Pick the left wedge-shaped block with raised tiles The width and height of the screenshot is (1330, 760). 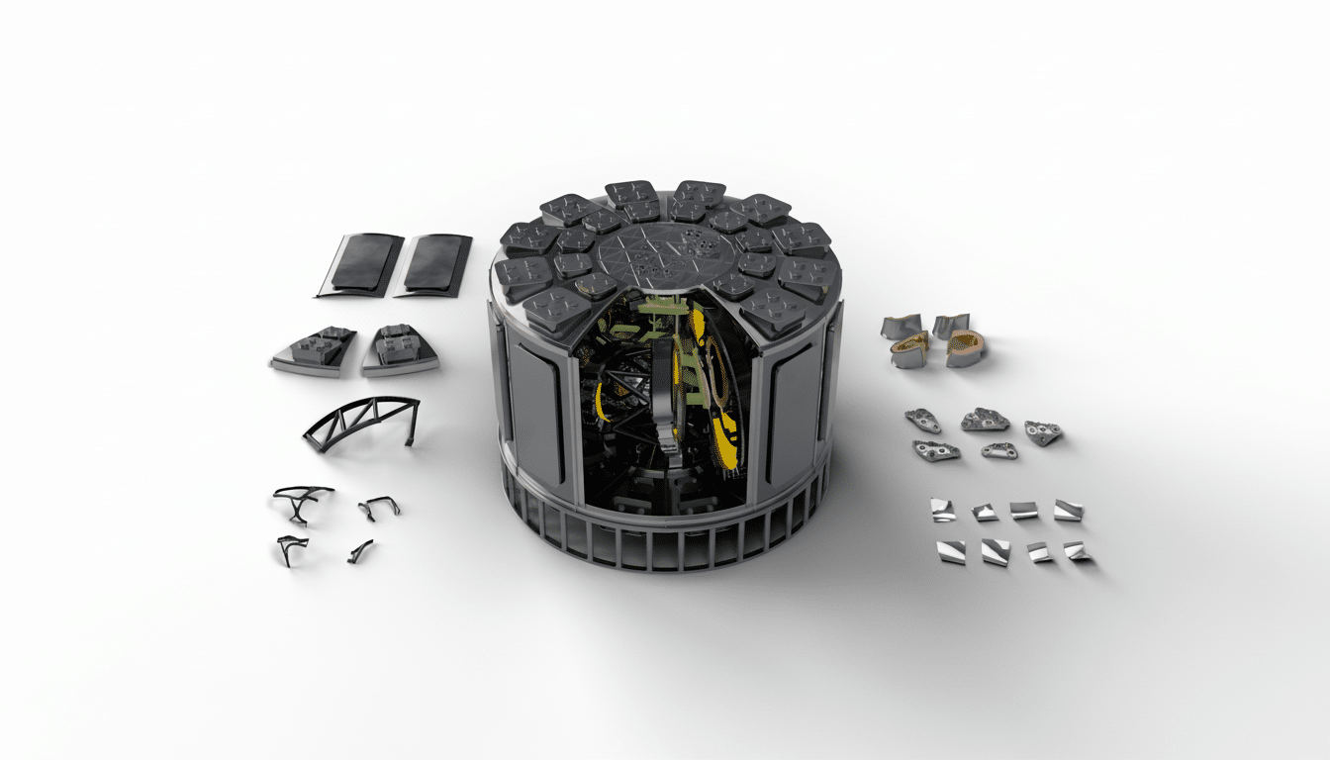coord(315,350)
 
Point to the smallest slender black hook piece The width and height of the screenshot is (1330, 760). coord(360,551)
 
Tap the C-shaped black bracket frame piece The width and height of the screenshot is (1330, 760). coord(379,507)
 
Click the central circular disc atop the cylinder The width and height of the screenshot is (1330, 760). coord(668,255)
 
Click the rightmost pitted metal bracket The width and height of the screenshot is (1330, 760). coord(1043,431)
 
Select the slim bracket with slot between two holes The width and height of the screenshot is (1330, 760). coord(998,450)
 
